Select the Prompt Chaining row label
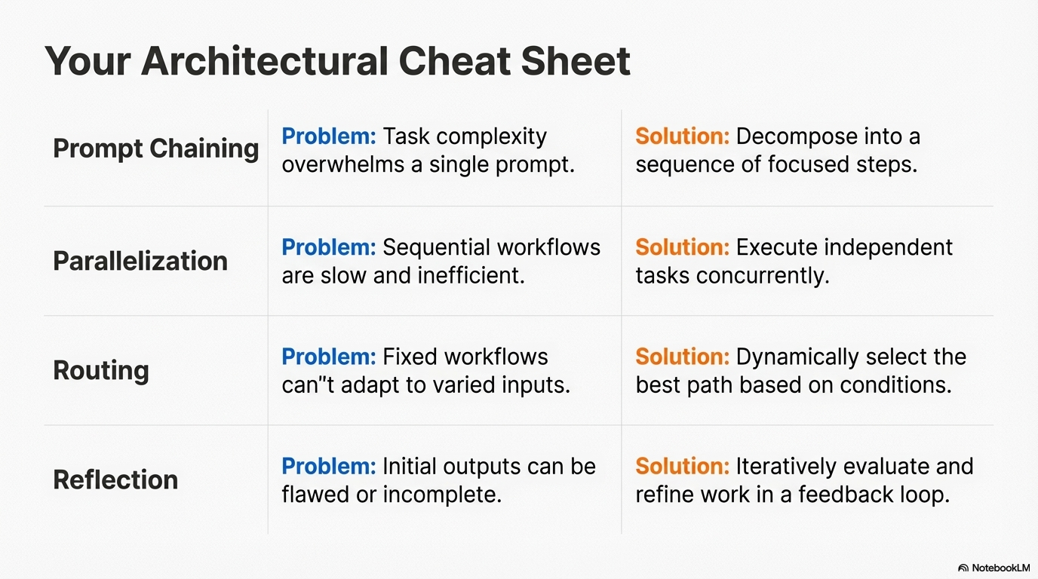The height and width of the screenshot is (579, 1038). coord(155,149)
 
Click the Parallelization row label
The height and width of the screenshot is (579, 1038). coord(140,261)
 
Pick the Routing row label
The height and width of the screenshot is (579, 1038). coord(101,370)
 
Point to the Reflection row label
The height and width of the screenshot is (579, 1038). coord(115,479)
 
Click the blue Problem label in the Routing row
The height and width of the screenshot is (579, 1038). coord(328,357)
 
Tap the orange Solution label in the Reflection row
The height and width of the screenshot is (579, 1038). coord(682,466)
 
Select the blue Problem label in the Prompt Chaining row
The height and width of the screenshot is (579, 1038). coord(328,136)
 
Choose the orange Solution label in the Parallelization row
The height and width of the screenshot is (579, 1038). coord(682,247)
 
